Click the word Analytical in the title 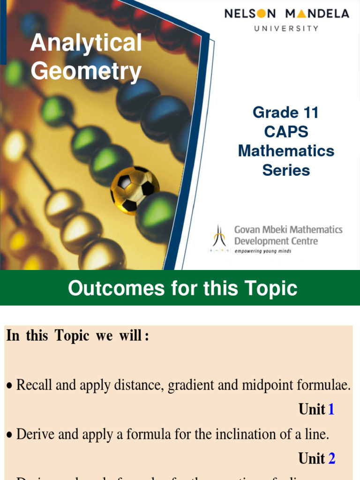tap(86, 44)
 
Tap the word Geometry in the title tap(86, 72)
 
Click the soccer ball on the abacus tap(135, 189)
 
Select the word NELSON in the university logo tap(250, 14)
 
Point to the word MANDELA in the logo tap(317, 14)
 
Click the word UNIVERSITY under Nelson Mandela tap(286, 29)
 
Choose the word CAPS tap(286, 132)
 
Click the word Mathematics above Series tap(286, 151)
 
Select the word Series tap(286, 170)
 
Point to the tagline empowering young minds tap(263, 251)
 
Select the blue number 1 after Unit tap(331, 410)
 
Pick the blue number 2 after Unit tap(332, 458)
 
